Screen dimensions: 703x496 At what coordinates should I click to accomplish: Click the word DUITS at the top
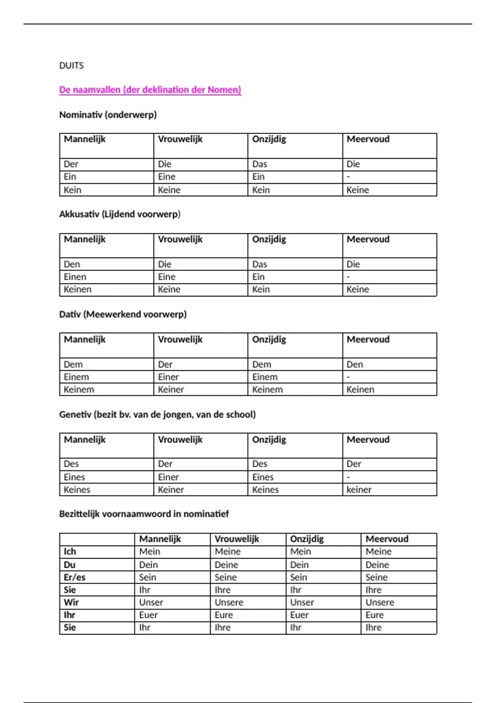[72, 65]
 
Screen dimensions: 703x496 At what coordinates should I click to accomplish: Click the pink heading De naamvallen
[150, 90]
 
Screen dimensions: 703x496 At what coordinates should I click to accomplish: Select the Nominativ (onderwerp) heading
[108, 115]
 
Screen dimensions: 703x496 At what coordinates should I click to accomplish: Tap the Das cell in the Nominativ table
[260, 164]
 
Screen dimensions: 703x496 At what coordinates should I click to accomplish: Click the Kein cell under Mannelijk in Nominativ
[72, 190]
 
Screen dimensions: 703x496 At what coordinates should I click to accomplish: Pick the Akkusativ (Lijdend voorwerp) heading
[120, 214]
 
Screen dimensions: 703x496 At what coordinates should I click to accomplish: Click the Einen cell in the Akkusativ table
[75, 277]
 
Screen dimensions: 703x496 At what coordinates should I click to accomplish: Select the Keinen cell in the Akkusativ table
[77, 289]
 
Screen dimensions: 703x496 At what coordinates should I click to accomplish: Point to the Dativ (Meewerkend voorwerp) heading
[123, 314]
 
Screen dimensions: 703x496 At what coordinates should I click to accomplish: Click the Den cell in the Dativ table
[355, 364]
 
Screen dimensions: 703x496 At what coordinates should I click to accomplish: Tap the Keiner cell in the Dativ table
[171, 390]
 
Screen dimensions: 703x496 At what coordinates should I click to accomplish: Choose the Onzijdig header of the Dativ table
[269, 340]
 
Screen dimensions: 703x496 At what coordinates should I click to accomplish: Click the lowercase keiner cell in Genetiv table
[359, 490]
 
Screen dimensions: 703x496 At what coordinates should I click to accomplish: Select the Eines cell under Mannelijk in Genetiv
[74, 477]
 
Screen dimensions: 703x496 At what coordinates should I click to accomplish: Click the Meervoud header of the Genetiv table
[368, 440]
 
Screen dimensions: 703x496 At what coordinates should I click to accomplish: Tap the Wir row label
[71, 603]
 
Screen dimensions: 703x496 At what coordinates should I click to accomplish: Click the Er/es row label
[74, 577]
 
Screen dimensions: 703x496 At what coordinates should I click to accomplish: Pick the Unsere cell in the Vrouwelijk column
[229, 603]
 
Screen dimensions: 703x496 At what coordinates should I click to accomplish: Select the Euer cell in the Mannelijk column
[148, 615]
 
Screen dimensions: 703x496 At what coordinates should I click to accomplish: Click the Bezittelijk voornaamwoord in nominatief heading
[144, 514]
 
